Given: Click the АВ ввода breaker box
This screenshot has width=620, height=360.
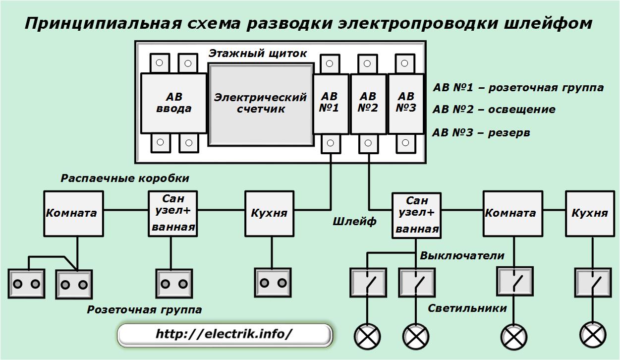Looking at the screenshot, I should tap(173, 103).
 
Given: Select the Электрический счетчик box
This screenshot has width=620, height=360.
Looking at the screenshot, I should tap(260, 103).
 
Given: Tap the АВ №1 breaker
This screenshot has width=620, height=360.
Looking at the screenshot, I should tap(330, 103).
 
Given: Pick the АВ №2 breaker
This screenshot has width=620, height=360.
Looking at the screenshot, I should tap(368, 103).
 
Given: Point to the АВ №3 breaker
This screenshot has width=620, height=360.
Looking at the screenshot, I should tap(405, 103).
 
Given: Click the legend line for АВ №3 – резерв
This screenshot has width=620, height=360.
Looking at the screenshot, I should tap(481, 133).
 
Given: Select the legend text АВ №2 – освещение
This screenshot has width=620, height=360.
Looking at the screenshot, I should tap(494, 110).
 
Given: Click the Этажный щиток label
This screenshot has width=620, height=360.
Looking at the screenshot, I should tap(258, 54).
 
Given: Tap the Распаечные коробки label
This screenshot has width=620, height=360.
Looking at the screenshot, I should tap(125, 179).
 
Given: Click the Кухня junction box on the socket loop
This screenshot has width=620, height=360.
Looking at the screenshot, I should tap(269, 213).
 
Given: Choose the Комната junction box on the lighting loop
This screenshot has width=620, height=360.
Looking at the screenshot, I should tap(510, 213).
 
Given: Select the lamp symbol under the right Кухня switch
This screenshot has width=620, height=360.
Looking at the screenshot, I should tap(593, 336).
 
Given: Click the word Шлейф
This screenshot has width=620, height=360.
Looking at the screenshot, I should tap(355, 222).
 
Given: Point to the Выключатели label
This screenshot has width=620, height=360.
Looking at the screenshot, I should tap(462, 256).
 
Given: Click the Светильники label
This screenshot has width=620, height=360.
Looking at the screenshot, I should tap(467, 308).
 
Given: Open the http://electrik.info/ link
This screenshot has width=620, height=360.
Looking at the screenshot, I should tap(225, 334).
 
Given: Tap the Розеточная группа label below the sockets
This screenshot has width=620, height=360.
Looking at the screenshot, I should tap(145, 310).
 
